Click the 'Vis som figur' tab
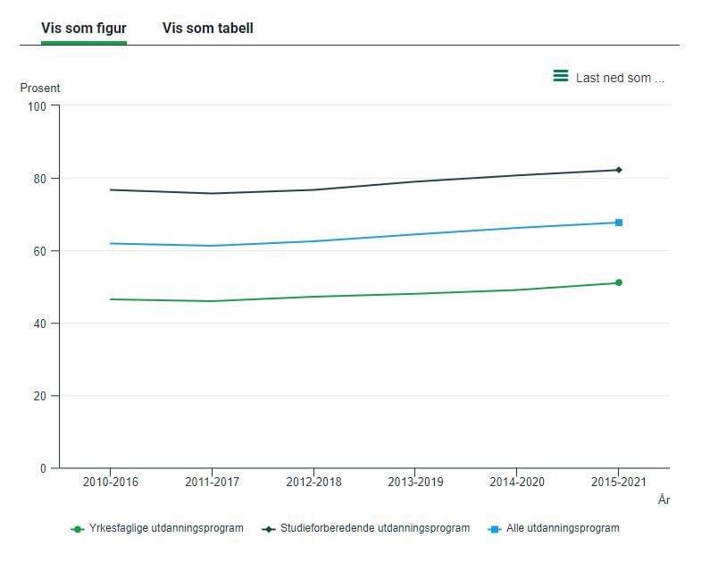tap(83, 29)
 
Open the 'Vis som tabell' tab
tap(207, 29)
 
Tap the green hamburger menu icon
tap(561, 77)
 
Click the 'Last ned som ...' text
tap(620, 78)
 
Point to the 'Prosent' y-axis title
tap(40, 88)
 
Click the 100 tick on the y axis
tap(37, 106)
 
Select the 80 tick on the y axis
tap(40, 179)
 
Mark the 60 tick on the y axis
tap(40, 251)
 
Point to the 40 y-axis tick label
tap(40, 324)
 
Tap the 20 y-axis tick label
tap(40, 396)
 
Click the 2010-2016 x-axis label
tap(110, 483)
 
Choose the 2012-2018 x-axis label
tap(313, 483)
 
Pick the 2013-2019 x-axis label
tap(415, 483)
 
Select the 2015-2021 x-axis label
tap(619, 483)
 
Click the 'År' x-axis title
tap(664, 500)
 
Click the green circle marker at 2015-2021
tap(619, 282)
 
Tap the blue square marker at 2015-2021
tap(619, 223)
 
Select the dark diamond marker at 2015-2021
tap(619, 170)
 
